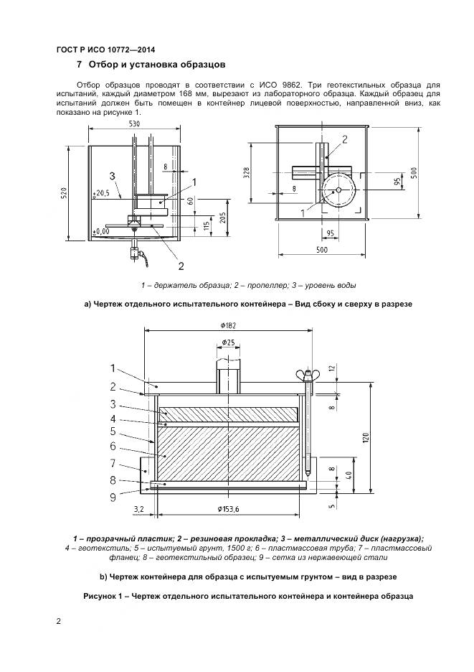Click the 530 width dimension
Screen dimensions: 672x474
(135, 124)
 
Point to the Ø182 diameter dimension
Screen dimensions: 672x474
(227, 325)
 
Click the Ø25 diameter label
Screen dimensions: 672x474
(227, 342)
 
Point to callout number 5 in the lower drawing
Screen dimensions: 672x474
(113, 431)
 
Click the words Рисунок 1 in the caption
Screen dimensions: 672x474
(105, 597)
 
